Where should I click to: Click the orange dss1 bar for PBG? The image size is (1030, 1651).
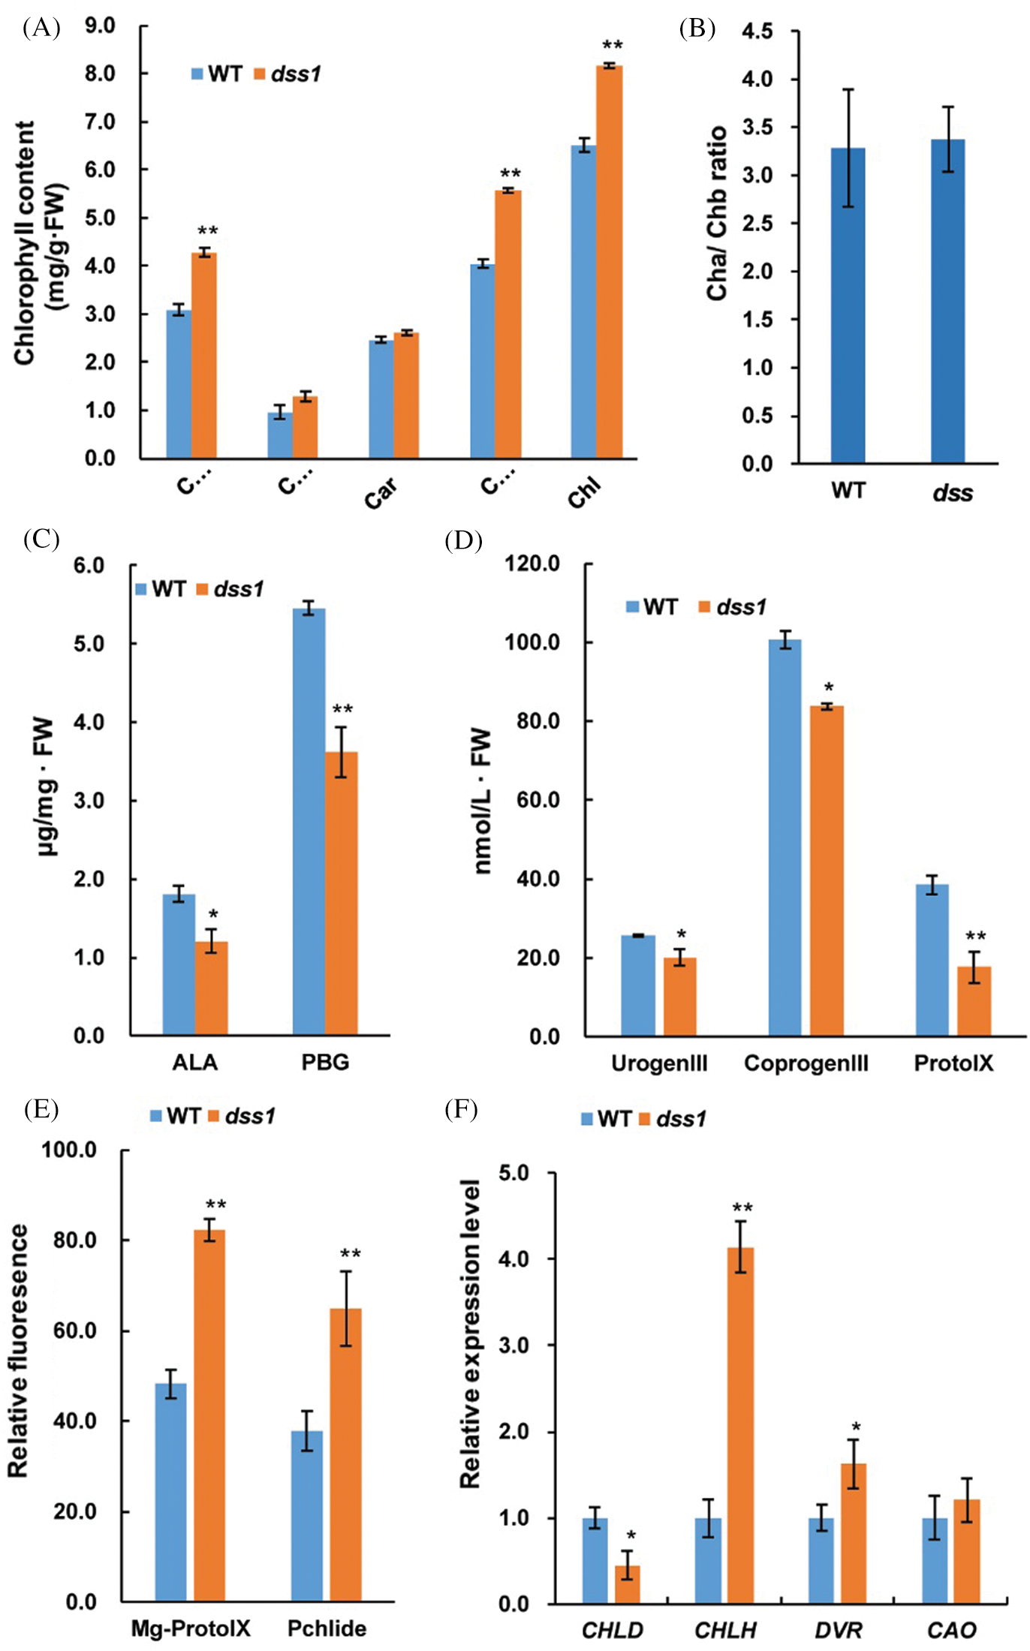coord(342,893)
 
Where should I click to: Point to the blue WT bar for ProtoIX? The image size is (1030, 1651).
coord(932,960)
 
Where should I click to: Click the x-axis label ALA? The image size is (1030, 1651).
coord(195,1063)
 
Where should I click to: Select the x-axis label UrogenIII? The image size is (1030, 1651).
coord(659,1063)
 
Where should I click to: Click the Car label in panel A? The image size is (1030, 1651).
coord(381,493)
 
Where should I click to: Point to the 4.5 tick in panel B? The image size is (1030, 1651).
coord(757,32)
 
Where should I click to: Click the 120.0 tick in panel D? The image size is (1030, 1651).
coord(532,564)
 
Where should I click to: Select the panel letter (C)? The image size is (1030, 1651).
coord(41,539)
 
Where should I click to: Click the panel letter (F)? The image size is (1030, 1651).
coord(461,1109)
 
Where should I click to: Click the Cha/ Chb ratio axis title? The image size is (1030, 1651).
coord(717,214)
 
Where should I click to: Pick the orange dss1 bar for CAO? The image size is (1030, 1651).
coord(967,1550)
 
